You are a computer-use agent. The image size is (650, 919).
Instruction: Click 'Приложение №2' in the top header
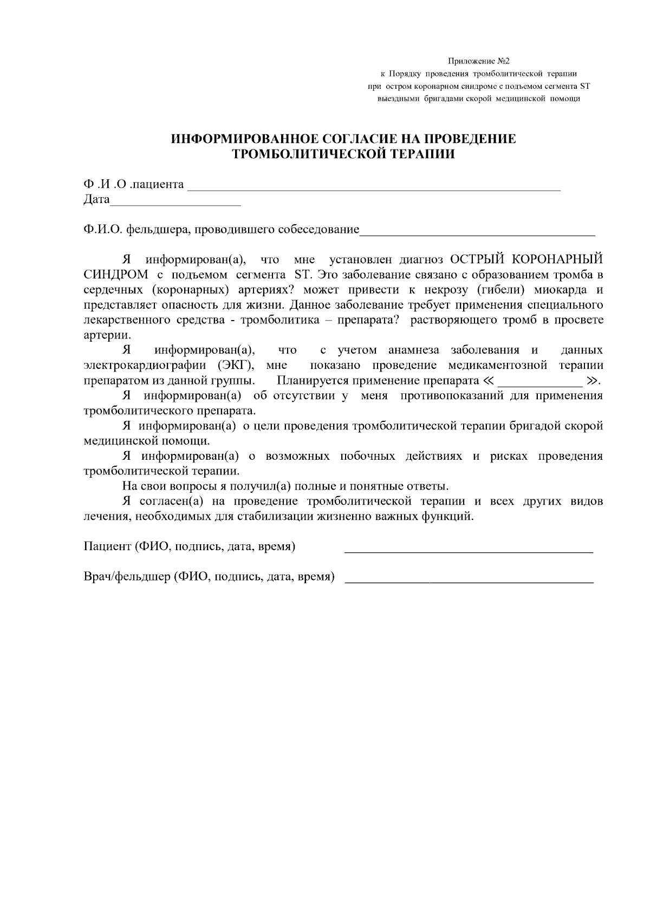click(x=478, y=62)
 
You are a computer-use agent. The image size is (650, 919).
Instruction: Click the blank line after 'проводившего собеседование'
click(x=477, y=232)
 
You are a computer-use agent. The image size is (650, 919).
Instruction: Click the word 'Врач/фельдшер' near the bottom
click(x=126, y=577)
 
